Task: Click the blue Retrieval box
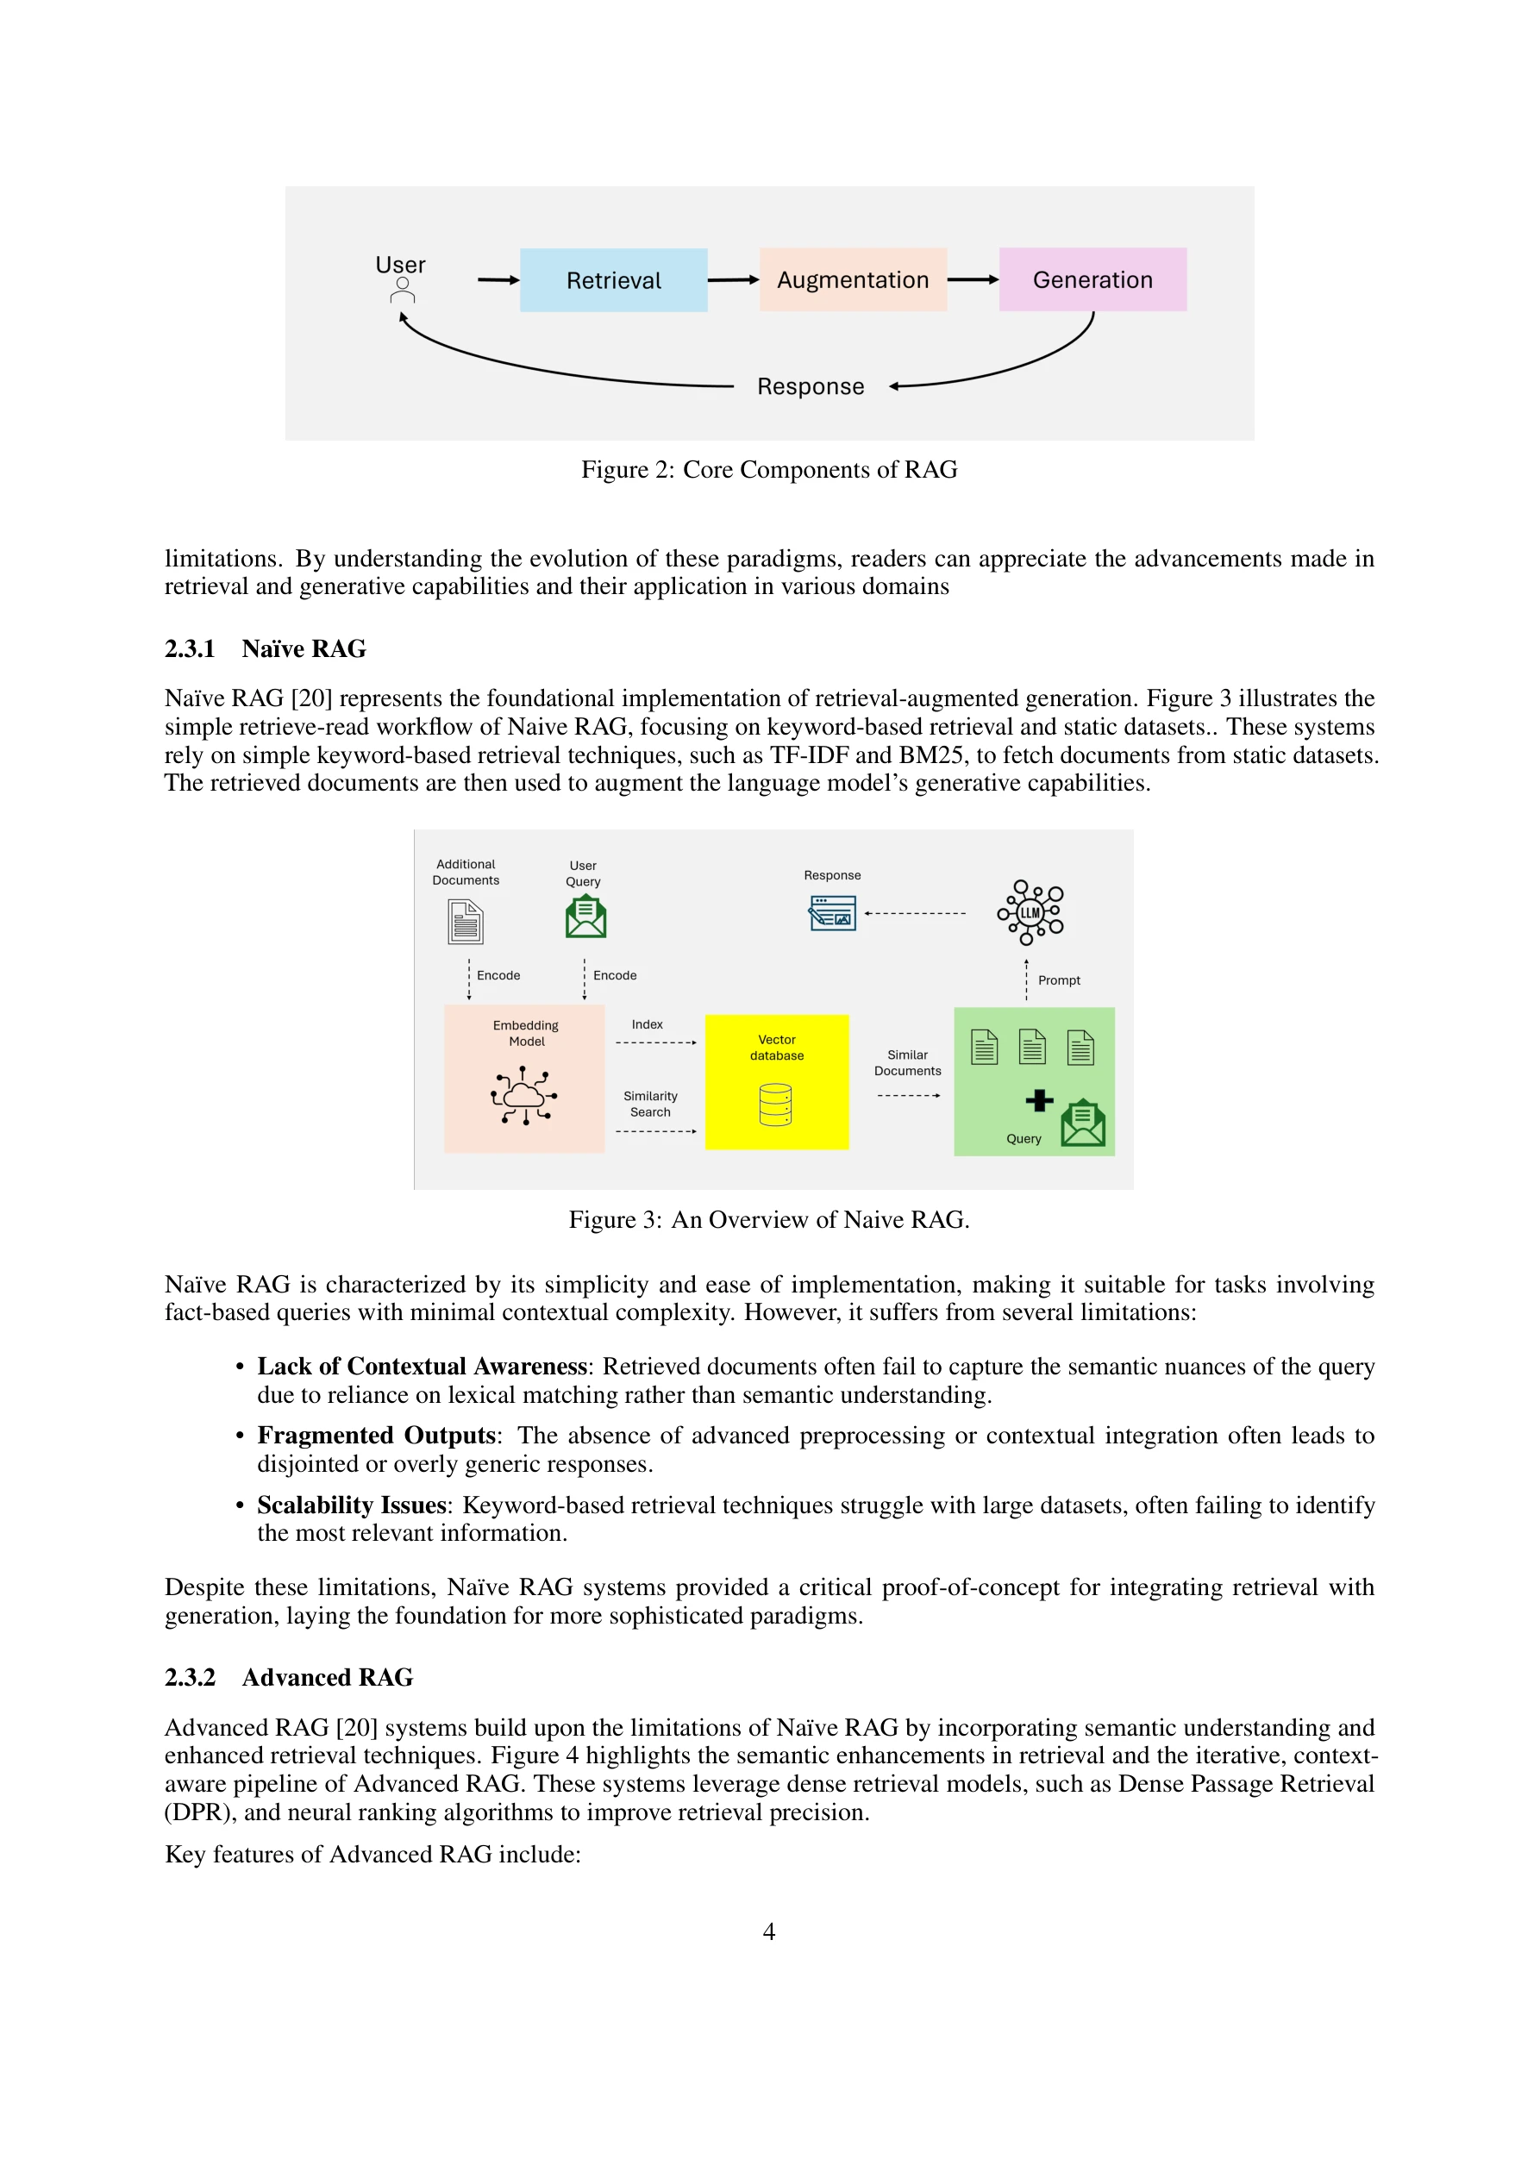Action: (x=613, y=280)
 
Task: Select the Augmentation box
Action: (x=852, y=280)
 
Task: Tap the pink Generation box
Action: (x=1092, y=280)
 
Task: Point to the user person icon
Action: (x=403, y=291)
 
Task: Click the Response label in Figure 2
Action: (x=811, y=387)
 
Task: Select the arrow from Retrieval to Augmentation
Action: (x=733, y=280)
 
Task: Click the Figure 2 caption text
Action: (x=768, y=470)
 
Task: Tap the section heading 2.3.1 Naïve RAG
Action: (x=265, y=649)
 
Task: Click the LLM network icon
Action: (x=1030, y=912)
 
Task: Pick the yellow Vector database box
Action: (x=776, y=1082)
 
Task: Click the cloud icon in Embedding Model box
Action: (x=523, y=1097)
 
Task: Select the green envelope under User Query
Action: (x=585, y=918)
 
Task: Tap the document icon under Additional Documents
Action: (x=465, y=922)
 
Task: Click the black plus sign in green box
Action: (x=1039, y=1100)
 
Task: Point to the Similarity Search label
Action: (x=650, y=1105)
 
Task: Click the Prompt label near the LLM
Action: (x=1059, y=981)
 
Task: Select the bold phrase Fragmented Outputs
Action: (x=377, y=1436)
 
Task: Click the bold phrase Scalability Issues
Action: (x=351, y=1505)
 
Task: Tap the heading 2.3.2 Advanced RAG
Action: (x=289, y=1678)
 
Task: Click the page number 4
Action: (x=768, y=1932)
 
